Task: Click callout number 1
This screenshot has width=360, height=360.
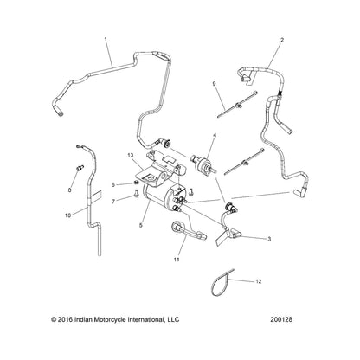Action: [106, 39]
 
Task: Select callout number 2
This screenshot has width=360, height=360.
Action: [282, 40]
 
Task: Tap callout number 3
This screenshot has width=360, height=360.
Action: [269, 239]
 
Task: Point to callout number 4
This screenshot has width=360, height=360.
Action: [215, 135]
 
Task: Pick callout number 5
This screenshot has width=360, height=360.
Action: [141, 225]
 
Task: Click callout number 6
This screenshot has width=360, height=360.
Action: [113, 184]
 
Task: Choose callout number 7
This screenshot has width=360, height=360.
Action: [113, 202]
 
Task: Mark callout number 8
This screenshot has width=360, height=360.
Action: [70, 190]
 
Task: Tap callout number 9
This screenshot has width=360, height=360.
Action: [214, 84]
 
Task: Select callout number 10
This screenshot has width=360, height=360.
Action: [68, 215]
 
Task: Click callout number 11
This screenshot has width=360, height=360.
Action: [177, 260]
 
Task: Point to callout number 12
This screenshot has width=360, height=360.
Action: [259, 281]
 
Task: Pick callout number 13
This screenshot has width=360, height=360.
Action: [131, 156]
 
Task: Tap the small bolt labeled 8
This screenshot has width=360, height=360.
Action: [80, 167]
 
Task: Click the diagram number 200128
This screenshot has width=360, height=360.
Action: [281, 319]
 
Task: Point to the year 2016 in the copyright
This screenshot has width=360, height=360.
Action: [65, 319]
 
